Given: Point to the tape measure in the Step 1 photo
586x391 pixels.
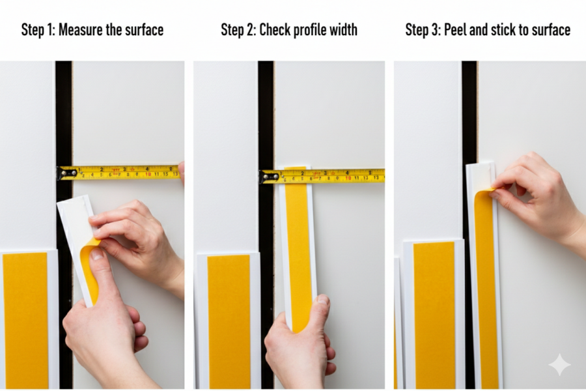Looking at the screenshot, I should [x=120, y=172].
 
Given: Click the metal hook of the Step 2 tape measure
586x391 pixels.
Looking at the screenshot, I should [x=264, y=176].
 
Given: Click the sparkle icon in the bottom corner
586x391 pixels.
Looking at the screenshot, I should [x=559, y=365].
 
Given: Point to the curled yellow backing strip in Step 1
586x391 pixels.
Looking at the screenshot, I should [x=89, y=267].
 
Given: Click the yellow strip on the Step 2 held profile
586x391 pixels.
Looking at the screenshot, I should [x=298, y=248].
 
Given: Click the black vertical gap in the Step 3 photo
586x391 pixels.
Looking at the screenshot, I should [x=469, y=111].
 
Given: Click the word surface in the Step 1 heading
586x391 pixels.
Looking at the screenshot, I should [x=143, y=30].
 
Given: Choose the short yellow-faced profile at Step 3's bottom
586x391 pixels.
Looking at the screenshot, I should [x=434, y=313].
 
